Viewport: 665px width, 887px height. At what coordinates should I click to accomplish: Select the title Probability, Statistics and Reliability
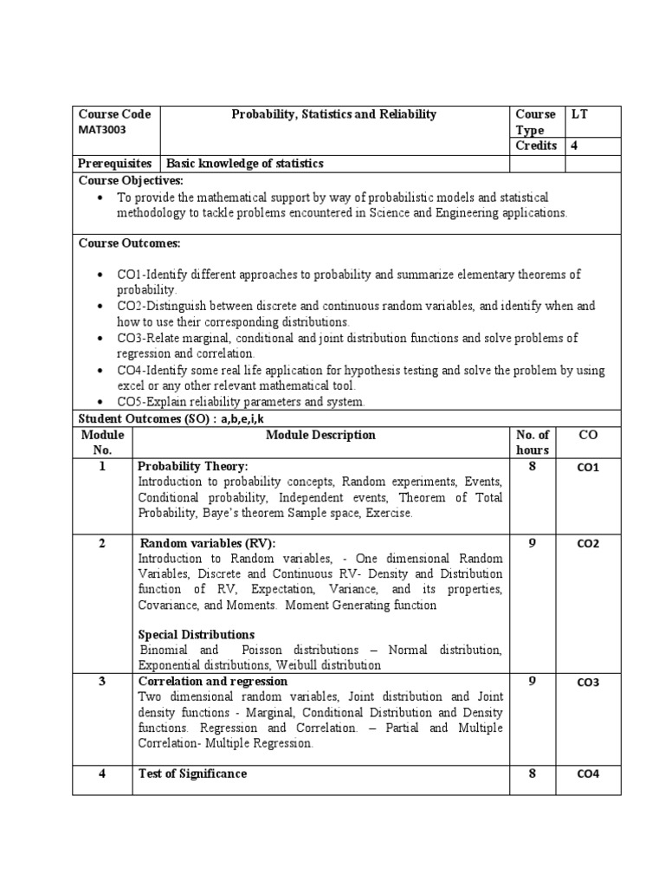pyautogui.click(x=333, y=114)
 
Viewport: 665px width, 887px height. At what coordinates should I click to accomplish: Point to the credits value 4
pyautogui.click(x=573, y=146)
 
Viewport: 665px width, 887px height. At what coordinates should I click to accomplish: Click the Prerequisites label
pyautogui.click(x=115, y=163)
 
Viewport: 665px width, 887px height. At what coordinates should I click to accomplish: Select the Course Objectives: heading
pyautogui.click(x=131, y=180)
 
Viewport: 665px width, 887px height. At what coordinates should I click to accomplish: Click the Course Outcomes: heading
pyautogui.click(x=130, y=243)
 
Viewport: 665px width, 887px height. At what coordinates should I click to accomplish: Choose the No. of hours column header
pyautogui.click(x=532, y=443)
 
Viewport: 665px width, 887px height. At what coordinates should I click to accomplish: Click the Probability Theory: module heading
pyautogui.click(x=193, y=466)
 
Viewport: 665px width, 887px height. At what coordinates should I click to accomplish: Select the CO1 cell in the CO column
pyautogui.click(x=588, y=468)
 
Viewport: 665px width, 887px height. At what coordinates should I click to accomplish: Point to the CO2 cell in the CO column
pyautogui.click(x=588, y=544)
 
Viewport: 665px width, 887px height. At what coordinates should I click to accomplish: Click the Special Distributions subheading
pyautogui.click(x=197, y=634)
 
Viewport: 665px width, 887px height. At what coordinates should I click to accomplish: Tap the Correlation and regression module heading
pyautogui.click(x=212, y=682)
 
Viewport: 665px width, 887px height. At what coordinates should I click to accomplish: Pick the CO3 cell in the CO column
pyautogui.click(x=588, y=683)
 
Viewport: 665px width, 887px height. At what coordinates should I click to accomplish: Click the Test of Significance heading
pyautogui.click(x=192, y=774)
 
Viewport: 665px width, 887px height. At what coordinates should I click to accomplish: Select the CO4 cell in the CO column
pyautogui.click(x=588, y=774)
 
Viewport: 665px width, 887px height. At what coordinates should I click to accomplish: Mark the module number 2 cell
pyautogui.click(x=102, y=543)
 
